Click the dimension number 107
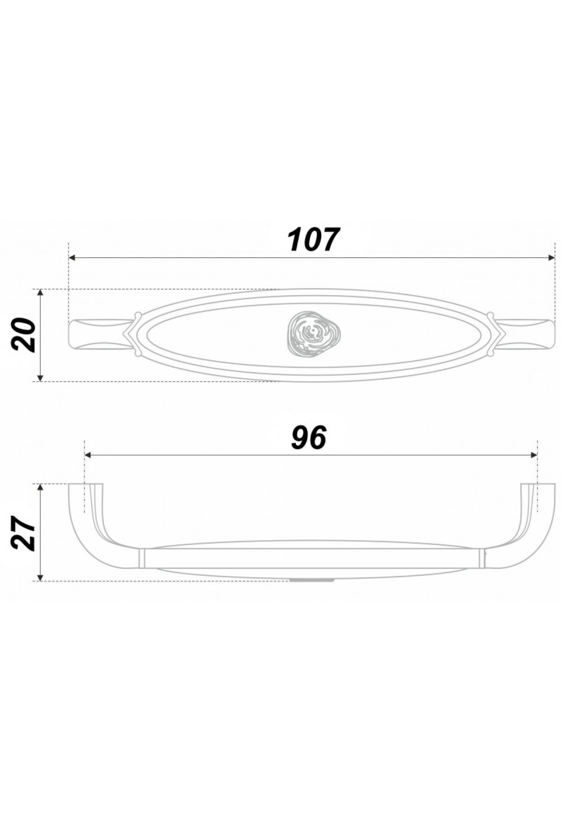(312, 240)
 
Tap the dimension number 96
(309, 438)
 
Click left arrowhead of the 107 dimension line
(72, 257)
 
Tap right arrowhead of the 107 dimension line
(551, 257)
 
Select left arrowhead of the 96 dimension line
(88, 455)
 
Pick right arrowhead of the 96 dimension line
(534, 455)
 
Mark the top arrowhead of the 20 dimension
(41, 293)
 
